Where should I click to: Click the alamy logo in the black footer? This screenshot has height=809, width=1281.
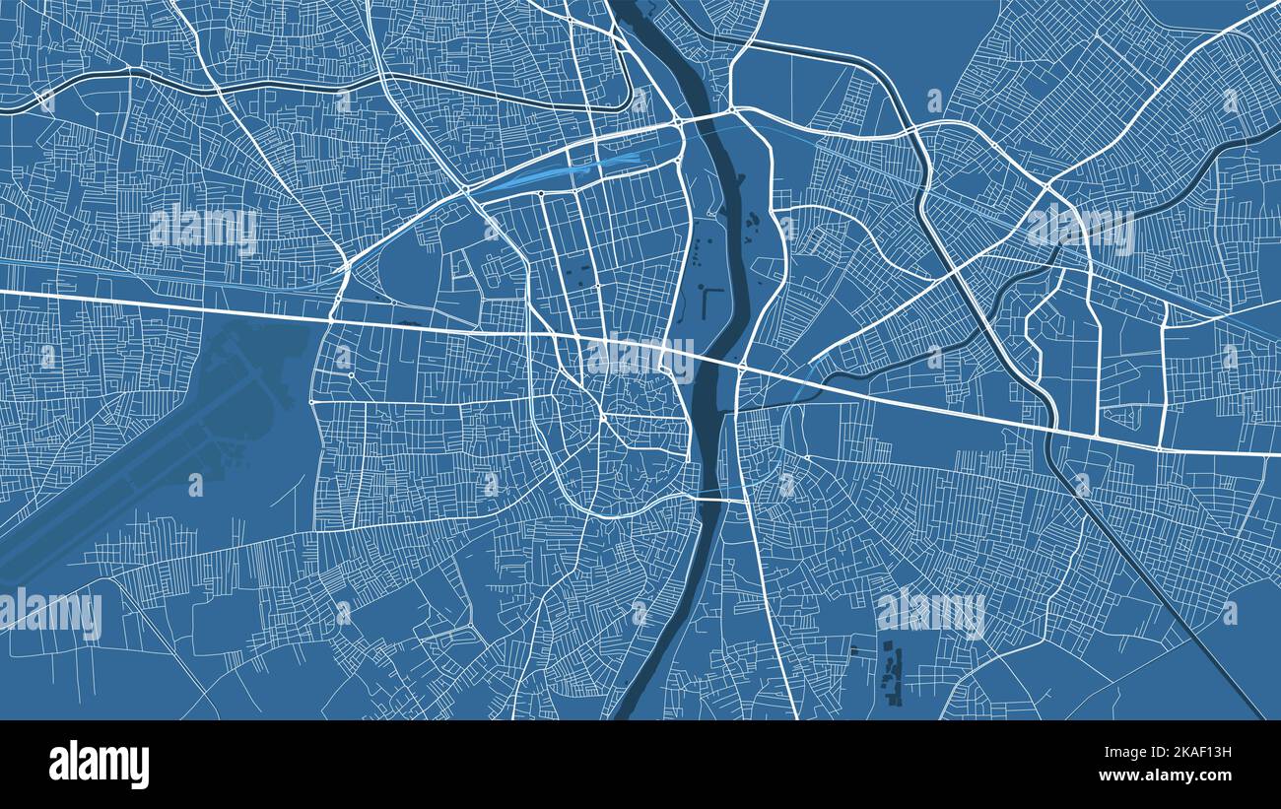click(99, 765)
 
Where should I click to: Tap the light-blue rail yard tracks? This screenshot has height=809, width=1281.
click(552, 172)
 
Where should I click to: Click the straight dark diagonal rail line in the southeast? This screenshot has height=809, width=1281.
click(1163, 591)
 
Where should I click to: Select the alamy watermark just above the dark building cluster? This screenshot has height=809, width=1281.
click(930, 612)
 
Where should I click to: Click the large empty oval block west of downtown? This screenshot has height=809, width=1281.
click(414, 266)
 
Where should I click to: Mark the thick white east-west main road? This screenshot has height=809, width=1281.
click(197, 304)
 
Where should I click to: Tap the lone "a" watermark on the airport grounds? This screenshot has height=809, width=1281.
click(195, 484)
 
